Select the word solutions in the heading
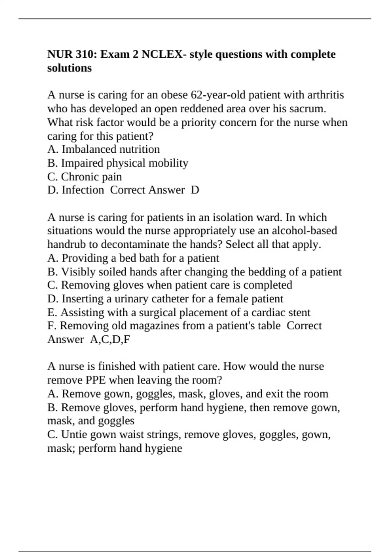pos(70,68)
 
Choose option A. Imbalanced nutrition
pos(104,149)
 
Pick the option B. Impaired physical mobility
pos(118,163)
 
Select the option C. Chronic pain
pos(84,177)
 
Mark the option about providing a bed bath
pos(133,258)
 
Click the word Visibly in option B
pos(73,272)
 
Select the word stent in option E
pos(299,312)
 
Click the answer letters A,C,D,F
pos(110,339)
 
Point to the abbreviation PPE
pos(96,380)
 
